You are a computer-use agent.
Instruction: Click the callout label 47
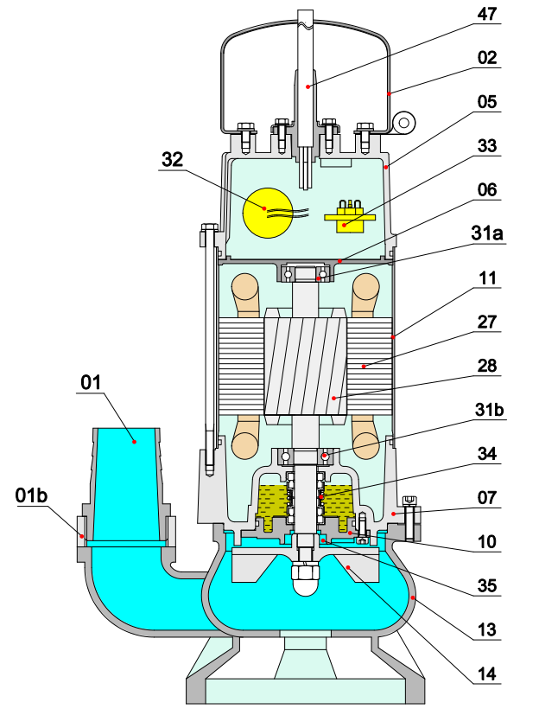coord(487,14)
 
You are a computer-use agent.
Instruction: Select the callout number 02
coord(487,58)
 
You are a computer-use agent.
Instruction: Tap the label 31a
coord(487,233)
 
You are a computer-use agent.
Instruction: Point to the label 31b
coord(489,410)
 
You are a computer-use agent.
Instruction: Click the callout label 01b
coord(32,495)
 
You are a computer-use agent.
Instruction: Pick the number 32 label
coord(172,159)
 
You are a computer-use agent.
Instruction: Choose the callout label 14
coord(487,674)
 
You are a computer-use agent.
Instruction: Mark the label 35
coord(487,586)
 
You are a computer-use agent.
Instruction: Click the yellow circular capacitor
coord(268,213)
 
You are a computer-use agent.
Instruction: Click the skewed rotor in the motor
coord(305,367)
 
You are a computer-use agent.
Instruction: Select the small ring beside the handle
coord(403,123)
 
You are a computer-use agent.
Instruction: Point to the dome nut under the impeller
coord(305,579)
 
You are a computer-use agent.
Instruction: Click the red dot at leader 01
coord(134,442)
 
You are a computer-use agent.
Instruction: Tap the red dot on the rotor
coord(333,398)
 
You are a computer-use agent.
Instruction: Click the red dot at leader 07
coord(393,514)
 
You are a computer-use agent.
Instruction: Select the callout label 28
coord(487,366)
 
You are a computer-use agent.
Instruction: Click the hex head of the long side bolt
coord(210,228)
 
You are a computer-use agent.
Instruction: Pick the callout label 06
coord(487,189)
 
